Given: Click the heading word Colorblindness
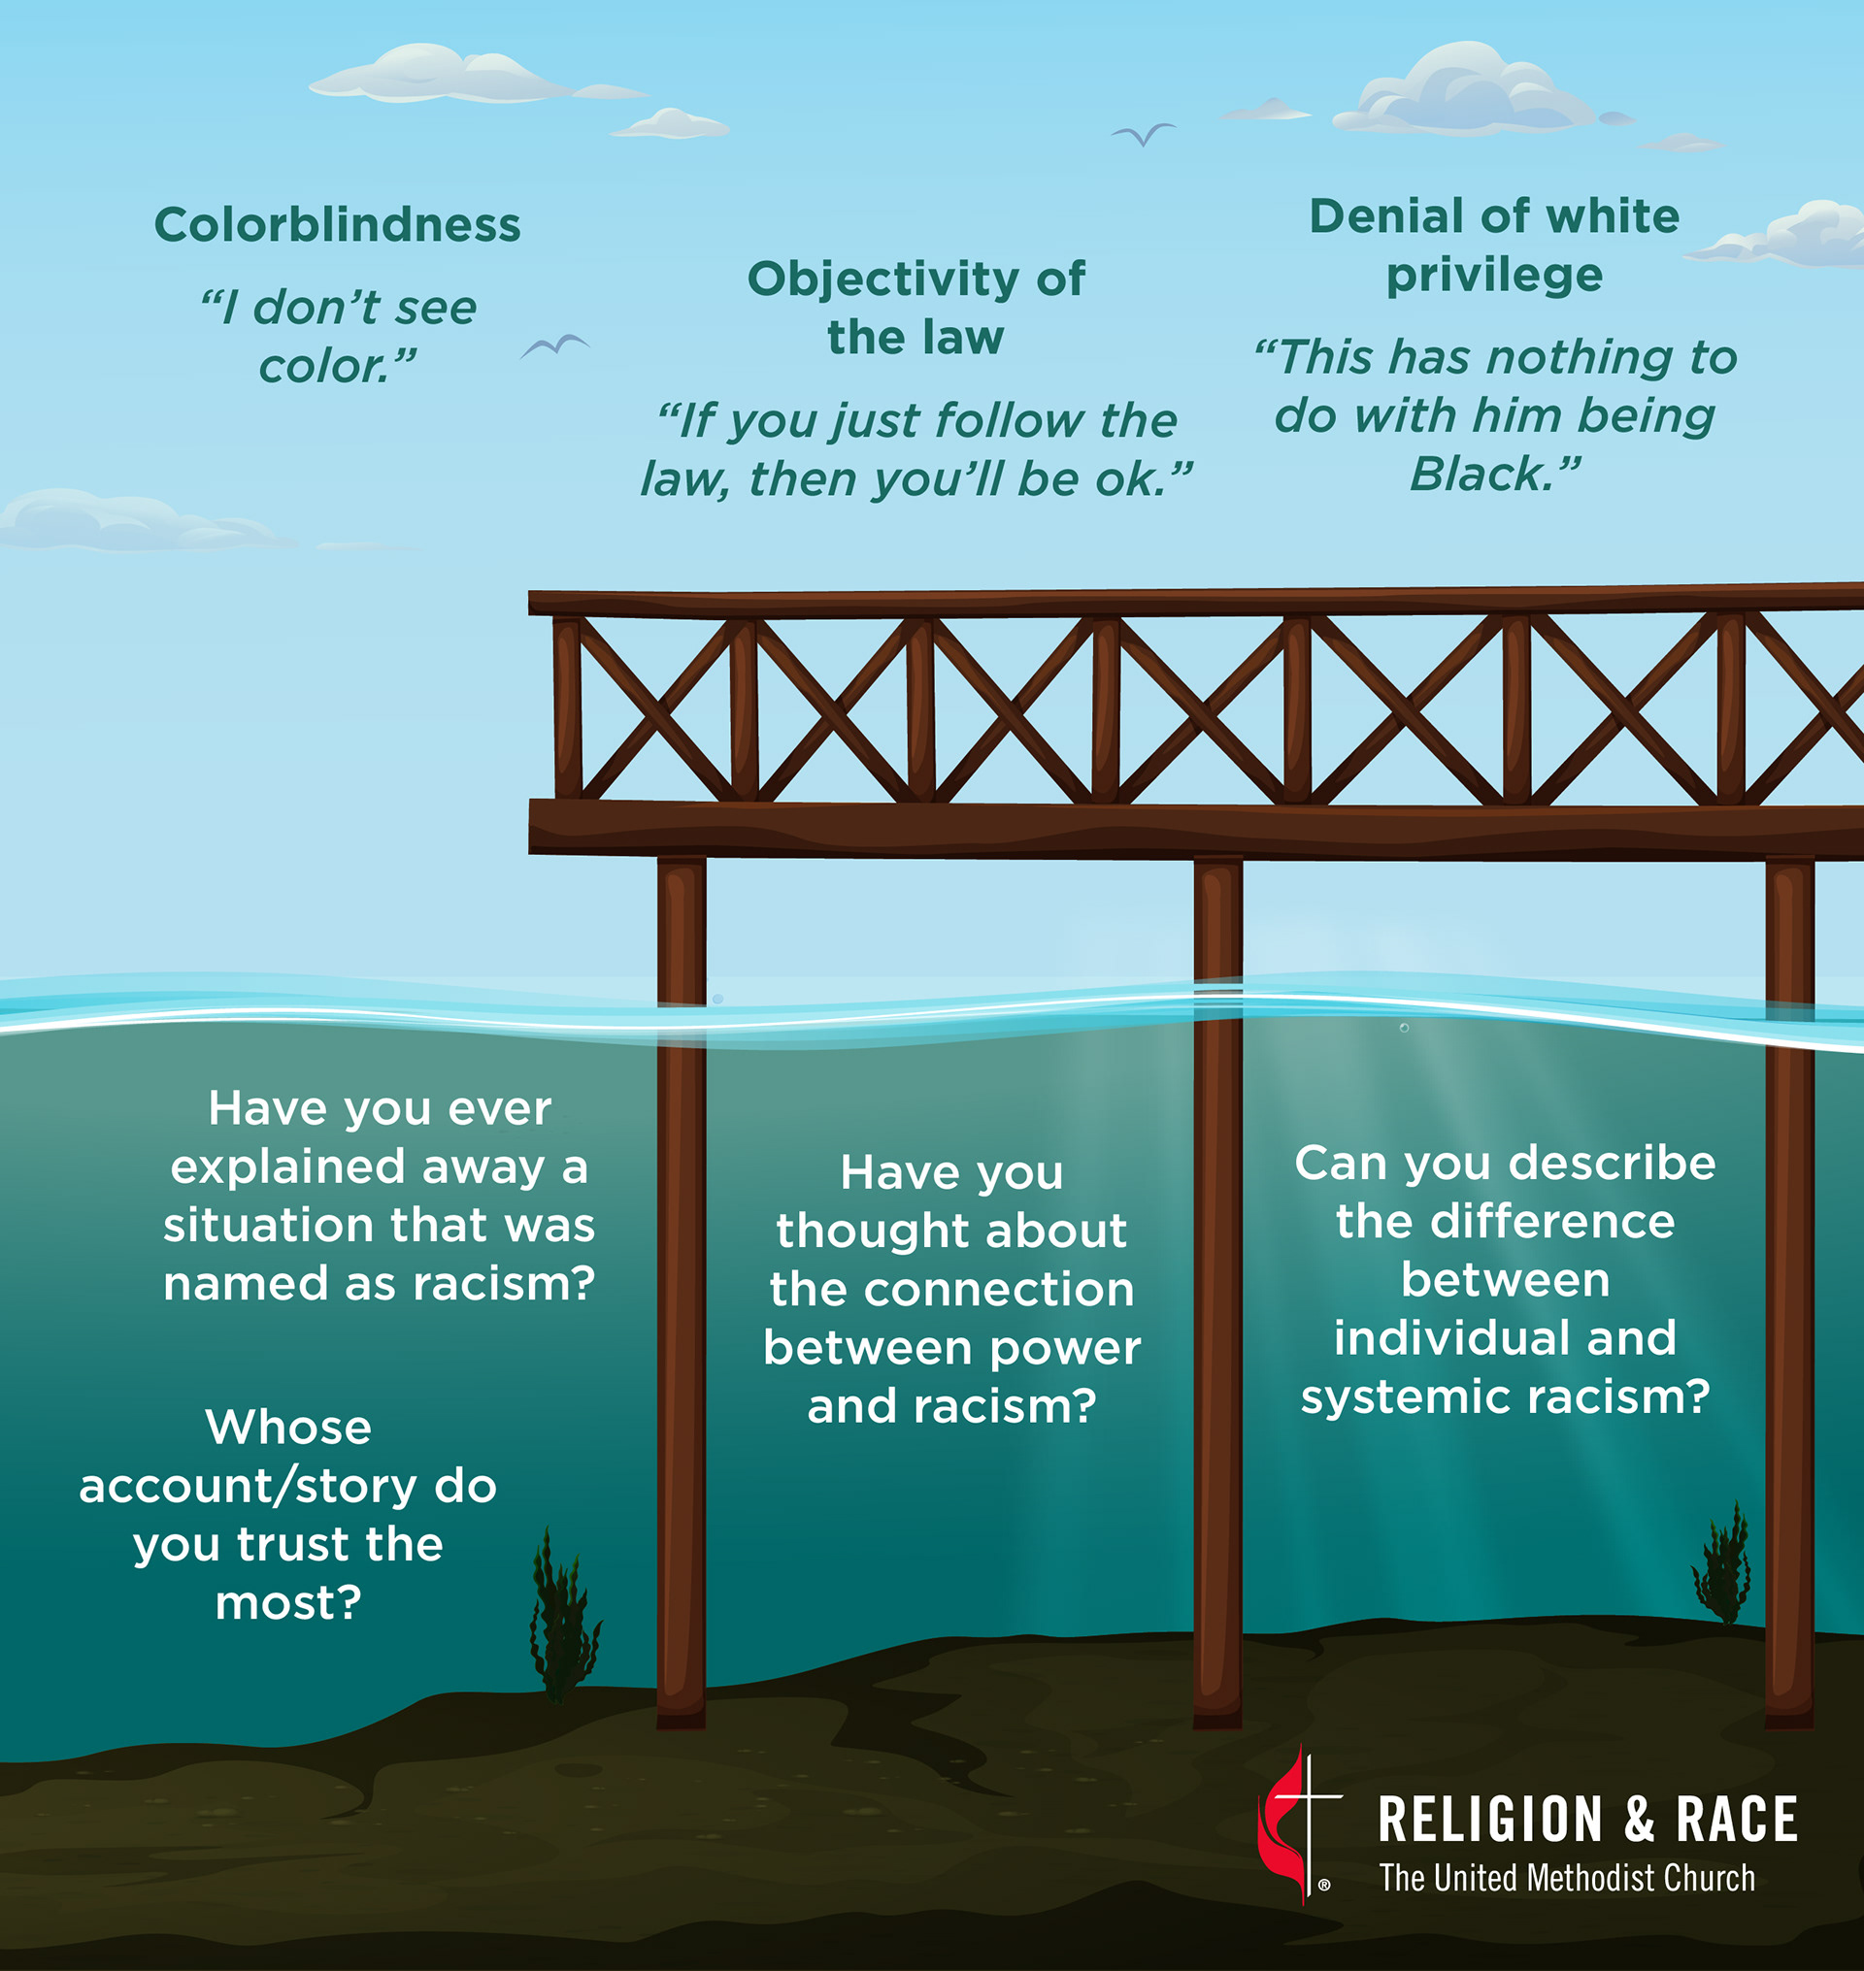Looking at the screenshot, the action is click(x=337, y=224).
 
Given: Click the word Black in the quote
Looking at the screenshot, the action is click(x=1480, y=474).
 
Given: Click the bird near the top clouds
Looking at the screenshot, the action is click(x=1143, y=133).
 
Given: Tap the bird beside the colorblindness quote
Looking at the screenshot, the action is click(x=554, y=345).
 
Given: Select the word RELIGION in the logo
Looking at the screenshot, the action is click(x=1490, y=1820).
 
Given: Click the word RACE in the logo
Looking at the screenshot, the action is click(x=1737, y=1820).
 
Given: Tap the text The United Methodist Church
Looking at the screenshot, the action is click(x=1567, y=1879).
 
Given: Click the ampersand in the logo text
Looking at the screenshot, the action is click(x=1640, y=1820).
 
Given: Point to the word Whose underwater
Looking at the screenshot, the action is click(x=288, y=1428).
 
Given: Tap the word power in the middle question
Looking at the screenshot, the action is click(x=1065, y=1348).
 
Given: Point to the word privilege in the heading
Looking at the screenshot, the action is click(x=1494, y=276).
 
